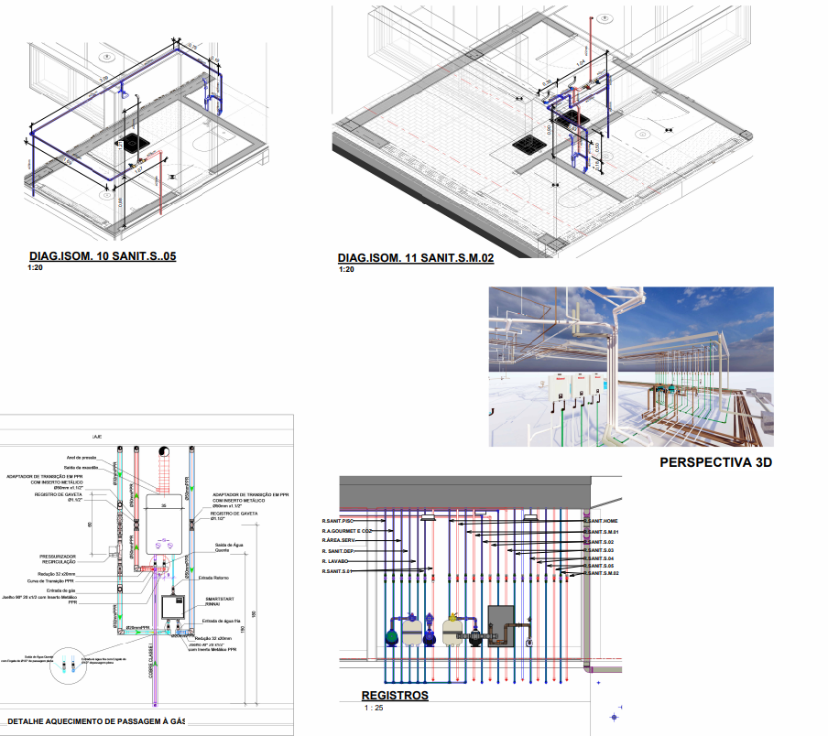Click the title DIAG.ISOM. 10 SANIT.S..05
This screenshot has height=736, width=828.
coord(102,256)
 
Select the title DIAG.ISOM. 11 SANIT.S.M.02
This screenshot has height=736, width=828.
coord(416,258)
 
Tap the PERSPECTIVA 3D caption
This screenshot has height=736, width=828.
coord(715,462)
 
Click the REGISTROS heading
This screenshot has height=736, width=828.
coord(395,695)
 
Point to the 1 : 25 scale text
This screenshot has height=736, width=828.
coord(374,709)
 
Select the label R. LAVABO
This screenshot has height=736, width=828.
coord(334,561)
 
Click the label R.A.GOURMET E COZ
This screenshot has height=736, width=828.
coord(346,531)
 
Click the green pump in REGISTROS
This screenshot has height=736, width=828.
coord(391,634)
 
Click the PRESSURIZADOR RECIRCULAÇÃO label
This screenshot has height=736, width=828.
coord(58,557)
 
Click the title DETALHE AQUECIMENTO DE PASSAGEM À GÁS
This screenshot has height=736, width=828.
coord(95,721)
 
